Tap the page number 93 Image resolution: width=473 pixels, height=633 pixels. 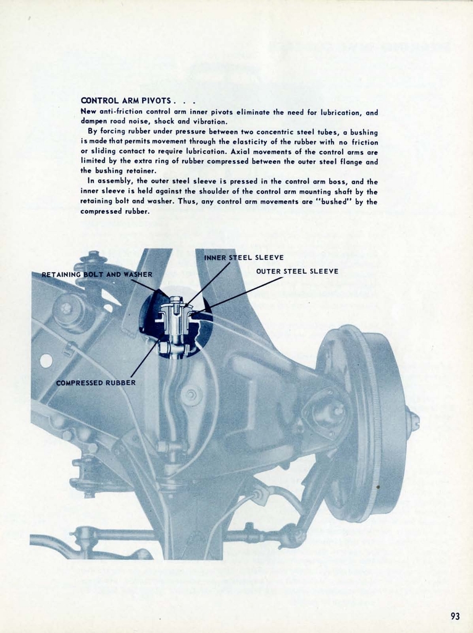pyautogui.click(x=455, y=616)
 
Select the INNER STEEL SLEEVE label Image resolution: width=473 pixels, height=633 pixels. pyautogui.click(x=243, y=257)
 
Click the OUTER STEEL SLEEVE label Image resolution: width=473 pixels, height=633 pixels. pyautogui.click(x=297, y=271)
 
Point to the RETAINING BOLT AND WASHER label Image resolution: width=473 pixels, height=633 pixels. pyautogui.click(x=96, y=274)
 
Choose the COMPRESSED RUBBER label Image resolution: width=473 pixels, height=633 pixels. pyautogui.click(x=96, y=383)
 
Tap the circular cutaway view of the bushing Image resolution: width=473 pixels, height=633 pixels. pyautogui.click(x=175, y=323)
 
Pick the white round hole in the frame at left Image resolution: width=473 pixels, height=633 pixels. pyautogui.click(x=46, y=360)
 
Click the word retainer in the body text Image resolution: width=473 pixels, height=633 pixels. pyautogui.click(x=140, y=171)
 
